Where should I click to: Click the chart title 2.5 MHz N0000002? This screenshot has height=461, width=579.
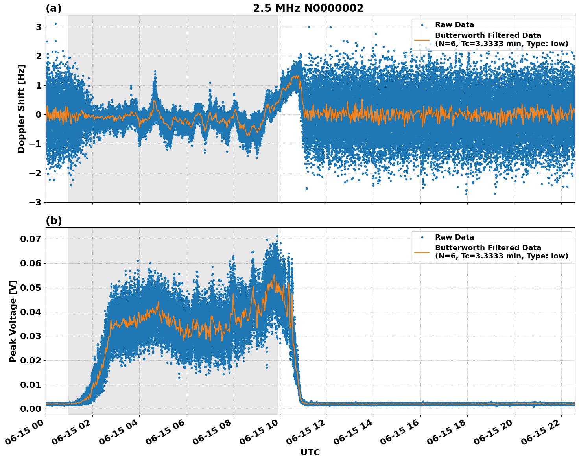308,8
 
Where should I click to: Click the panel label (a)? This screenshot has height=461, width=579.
53,8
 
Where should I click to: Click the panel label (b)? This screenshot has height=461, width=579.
53,221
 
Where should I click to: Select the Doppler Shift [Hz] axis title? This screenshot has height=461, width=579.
21,109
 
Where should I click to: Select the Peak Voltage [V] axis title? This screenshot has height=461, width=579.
13,321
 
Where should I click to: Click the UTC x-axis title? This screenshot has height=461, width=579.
310,453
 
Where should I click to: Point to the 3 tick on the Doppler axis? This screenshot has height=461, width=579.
39,27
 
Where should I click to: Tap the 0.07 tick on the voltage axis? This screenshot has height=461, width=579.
31,239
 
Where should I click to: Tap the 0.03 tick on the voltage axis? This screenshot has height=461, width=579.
31,336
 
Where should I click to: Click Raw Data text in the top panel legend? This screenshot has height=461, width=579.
454,25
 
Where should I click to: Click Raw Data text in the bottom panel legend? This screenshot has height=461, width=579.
454,237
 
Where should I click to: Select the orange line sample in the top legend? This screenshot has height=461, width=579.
422,39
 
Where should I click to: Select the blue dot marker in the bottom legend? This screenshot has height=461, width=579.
422,237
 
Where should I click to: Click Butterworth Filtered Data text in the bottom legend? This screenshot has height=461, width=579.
488,248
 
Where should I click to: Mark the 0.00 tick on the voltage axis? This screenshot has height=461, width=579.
31,409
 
